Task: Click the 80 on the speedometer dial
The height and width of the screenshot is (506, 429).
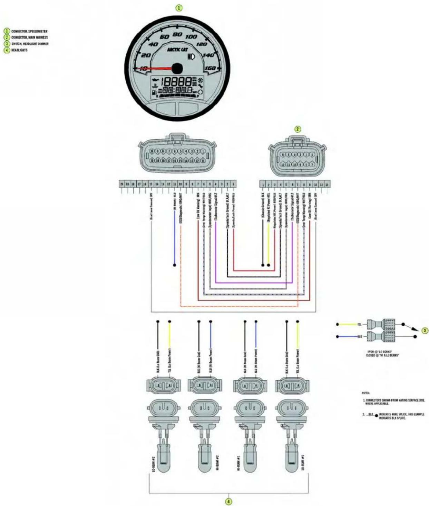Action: [x=177, y=34]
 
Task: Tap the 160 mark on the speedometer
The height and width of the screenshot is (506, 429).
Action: [x=210, y=68]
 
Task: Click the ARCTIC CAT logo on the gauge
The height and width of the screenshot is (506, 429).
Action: [x=177, y=50]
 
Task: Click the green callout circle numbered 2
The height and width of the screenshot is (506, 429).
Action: [x=298, y=129]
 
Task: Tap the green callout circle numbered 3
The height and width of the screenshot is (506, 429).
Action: [x=425, y=330]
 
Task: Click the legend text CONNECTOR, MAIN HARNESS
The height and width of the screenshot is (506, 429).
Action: [x=29, y=37]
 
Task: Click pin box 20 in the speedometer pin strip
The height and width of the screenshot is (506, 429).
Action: [x=121, y=184]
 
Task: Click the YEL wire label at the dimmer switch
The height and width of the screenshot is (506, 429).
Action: [x=359, y=325]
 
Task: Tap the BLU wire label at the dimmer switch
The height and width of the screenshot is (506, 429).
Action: [x=360, y=336]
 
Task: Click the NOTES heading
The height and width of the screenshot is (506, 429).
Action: [x=365, y=393]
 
